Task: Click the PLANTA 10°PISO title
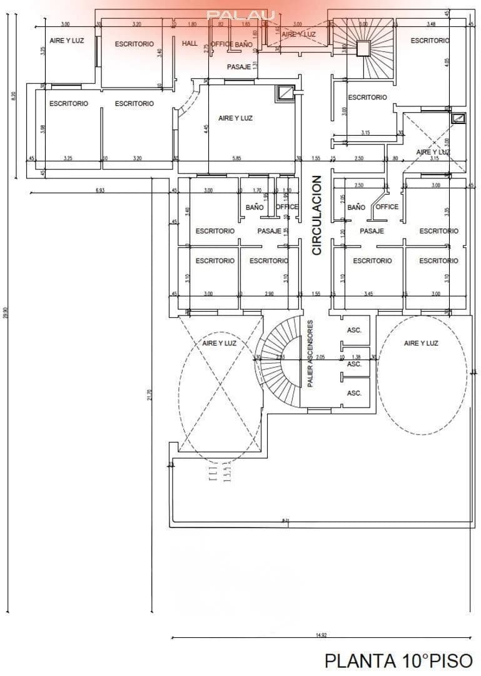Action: tap(398, 660)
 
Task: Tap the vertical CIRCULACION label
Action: tap(316, 215)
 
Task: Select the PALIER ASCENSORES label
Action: tap(310, 354)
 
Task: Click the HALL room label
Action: tap(190, 44)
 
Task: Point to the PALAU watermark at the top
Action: tap(241, 14)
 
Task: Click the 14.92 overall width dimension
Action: tap(321, 635)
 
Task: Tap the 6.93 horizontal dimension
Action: tap(99, 190)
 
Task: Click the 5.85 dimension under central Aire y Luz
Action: tap(236, 158)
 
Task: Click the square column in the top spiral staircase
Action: tap(363, 48)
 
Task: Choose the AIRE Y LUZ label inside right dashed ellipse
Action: tap(421, 343)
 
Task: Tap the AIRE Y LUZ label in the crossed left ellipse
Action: tap(220, 343)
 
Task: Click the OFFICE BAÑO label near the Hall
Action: tap(231, 44)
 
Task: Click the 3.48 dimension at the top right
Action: tap(431, 24)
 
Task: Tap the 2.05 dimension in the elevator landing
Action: tap(320, 357)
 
